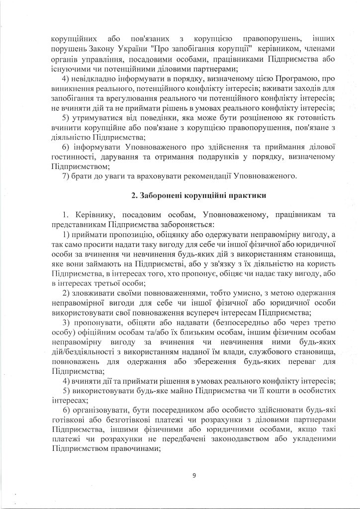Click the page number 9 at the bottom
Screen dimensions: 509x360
194,477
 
